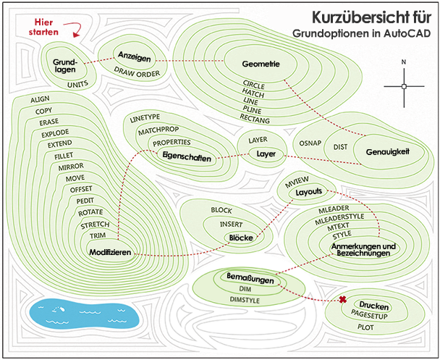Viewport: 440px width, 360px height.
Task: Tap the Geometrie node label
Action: click(x=260, y=64)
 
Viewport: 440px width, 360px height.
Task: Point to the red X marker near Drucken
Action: click(x=342, y=301)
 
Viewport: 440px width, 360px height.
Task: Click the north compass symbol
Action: click(x=404, y=86)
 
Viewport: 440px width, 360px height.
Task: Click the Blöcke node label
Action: click(x=240, y=237)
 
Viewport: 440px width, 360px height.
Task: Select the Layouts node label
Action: click(x=308, y=193)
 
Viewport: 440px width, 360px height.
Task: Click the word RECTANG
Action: click(x=255, y=117)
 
